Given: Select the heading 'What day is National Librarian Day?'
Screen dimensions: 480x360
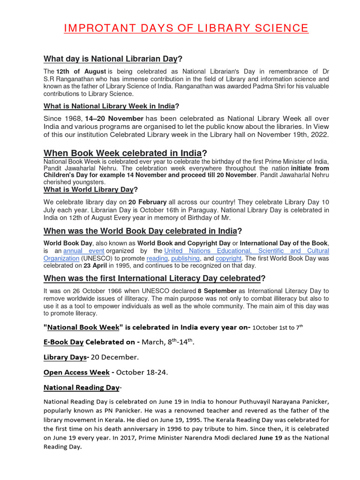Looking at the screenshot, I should click(x=112, y=59).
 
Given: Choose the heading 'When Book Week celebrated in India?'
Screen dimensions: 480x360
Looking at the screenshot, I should click(x=125, y=153).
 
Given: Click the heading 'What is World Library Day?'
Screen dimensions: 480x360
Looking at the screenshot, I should click(x=90, y=189).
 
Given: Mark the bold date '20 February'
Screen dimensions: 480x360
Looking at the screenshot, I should click(x=149, y=202).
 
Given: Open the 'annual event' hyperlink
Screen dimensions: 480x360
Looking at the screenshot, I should click(x=83, y=251).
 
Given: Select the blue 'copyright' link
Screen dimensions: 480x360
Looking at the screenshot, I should click(x=228, y=258).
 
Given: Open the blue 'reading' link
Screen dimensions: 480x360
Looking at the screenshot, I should click(x=157, y=258).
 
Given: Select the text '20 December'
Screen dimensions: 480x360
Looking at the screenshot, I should click(x=114, y=357).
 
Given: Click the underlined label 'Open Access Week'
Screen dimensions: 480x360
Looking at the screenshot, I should click(x=76, y=373).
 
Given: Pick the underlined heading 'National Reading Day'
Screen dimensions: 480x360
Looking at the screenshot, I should click(x=81, y=388).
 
